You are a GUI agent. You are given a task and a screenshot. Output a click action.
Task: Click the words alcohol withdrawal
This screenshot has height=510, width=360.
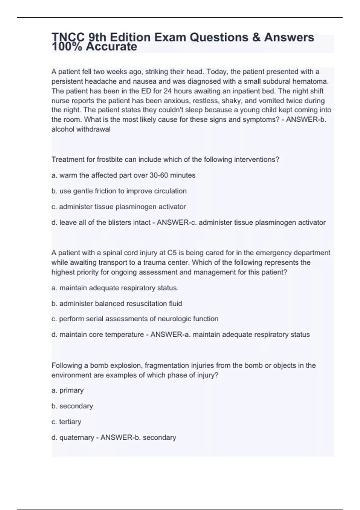81,129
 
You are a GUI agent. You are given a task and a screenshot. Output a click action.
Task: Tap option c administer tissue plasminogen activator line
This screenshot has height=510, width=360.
119,207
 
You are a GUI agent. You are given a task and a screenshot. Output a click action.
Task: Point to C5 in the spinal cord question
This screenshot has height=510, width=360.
172,253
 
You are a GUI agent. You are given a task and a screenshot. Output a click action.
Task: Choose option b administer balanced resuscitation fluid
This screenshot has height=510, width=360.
117,304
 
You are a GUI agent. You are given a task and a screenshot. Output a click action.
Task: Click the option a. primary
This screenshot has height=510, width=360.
67,390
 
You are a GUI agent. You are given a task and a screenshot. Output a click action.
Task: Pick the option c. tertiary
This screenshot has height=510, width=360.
66,422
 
